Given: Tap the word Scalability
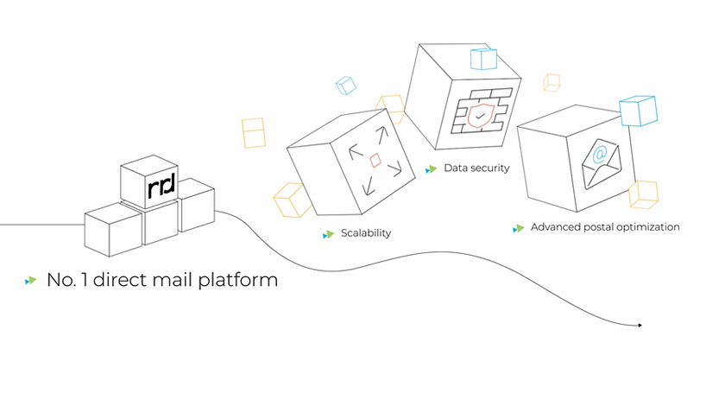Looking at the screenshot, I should tap(366, 233).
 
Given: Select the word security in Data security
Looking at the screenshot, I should tap(489, 168).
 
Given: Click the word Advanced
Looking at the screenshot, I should tap(553, 227).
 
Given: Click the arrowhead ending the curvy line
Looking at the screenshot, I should tap(640, 325).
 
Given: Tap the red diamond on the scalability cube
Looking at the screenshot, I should tap(375, 160).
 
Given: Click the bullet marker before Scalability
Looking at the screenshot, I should tap(328, 234).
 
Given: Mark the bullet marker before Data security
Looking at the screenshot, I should tap(431, 168).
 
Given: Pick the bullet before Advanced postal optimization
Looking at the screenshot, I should tap(518, 228).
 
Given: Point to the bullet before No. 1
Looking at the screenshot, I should tap(31, 281).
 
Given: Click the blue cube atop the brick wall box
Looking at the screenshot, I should tap(482, 59).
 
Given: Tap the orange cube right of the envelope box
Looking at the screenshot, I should tap(643, 194).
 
